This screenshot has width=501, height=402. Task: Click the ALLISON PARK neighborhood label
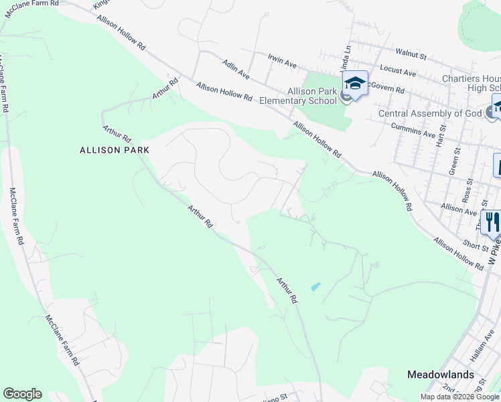point(114,150)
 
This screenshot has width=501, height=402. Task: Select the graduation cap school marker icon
point(355,83)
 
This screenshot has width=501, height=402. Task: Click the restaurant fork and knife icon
point(492,222)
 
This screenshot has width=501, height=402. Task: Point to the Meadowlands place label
point(441,375)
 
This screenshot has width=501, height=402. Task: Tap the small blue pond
point(315,287)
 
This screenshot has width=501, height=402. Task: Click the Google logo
point(22,394)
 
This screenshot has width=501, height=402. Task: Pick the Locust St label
point(398,69)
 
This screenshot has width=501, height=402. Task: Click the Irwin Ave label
point(282,62)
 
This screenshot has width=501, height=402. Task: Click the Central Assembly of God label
point(430,113)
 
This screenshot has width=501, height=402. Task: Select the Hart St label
point(441,135)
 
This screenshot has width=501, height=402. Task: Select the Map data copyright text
point(459,397)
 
